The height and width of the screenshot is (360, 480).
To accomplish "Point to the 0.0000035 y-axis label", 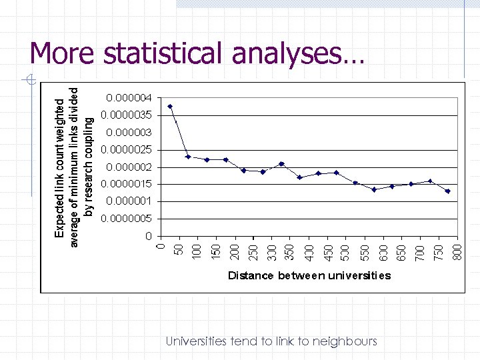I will (x=129, y=115).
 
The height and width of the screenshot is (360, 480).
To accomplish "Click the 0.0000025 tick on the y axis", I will (x=129, y=149).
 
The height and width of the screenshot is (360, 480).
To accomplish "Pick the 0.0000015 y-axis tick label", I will (x=129, y=184).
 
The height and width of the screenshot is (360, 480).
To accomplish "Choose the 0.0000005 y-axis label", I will (x=129, y=219).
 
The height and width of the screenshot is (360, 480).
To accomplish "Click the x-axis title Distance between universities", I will (x=309, y=275).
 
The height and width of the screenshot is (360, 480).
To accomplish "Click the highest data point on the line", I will (x=170, y=106).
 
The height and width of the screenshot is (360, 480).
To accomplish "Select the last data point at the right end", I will (x=448, y=191).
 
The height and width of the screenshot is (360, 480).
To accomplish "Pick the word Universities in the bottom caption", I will (x=197, y=341).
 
